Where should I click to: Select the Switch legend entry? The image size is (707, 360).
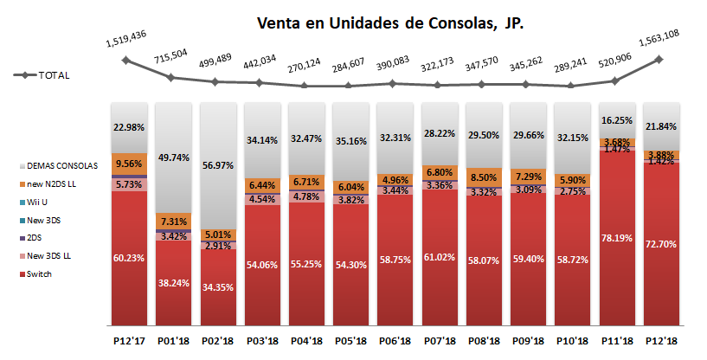(x=34, y=274)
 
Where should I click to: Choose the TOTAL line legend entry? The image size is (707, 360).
(x=42, y=75)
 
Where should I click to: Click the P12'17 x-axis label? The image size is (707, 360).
(x=127, y=343)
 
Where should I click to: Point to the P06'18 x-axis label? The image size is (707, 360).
(x=394, y=343)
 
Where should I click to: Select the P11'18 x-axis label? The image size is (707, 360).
(x=616, y=343)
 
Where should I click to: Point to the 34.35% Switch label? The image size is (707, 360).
(x=216, y=285)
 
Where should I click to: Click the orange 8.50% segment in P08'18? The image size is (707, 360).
(x=483, y=177)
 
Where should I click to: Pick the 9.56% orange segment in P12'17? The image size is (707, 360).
(x=128, y=164)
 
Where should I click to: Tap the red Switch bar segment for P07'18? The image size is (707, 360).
(x=439, y=260)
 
